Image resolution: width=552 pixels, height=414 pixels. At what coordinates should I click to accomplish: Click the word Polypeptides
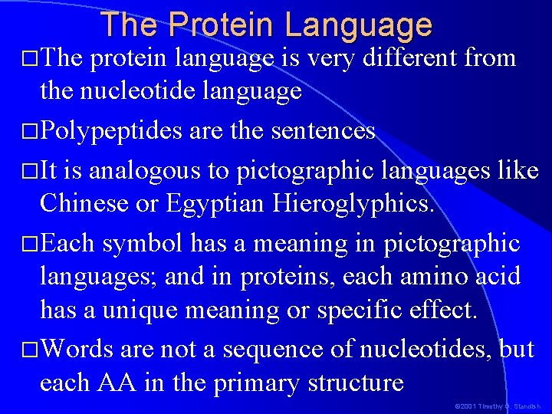point(111,131)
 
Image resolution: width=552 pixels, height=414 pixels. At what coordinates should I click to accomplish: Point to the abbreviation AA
point(120,383)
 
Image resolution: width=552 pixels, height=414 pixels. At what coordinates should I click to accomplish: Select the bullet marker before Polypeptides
point(31,132)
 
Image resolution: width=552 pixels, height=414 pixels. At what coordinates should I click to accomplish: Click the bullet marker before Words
point(31,350)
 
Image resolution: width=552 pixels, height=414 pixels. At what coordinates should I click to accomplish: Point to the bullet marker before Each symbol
point(31,244)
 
